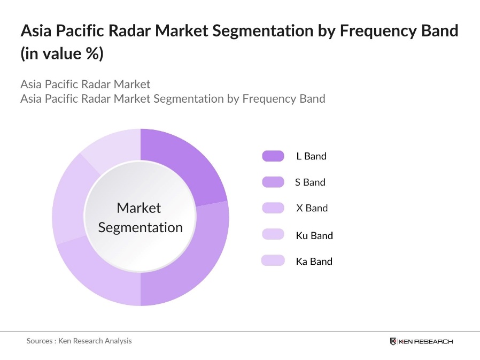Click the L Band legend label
(311, 156)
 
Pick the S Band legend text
(310, 182)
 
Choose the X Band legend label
(312, 208)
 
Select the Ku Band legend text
(314, 235)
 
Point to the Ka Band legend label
(314, 261)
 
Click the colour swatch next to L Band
(273, 156)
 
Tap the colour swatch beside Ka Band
(273, 261)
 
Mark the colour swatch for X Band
(273, 208)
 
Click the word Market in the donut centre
(138, 208)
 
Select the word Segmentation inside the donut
(141, 227)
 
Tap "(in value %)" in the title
(61, 54)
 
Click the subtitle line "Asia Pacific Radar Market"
(86, 84)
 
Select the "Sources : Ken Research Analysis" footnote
(79, 341)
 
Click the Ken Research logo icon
(393, 341)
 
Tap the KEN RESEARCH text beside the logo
(425, 341)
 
